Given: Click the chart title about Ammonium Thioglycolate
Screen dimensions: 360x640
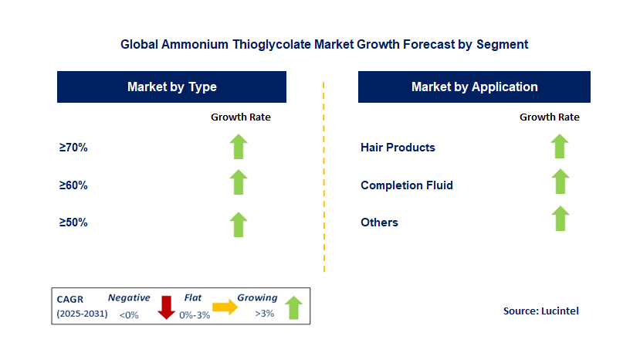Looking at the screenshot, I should tap(324, 44).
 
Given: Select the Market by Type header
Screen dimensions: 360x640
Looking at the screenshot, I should tap(171, 87).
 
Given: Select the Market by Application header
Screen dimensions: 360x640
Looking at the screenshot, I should tap(474, 87).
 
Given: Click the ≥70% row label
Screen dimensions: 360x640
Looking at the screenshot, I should tap(73, 148).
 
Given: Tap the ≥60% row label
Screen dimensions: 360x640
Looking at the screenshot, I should tap(73, 185).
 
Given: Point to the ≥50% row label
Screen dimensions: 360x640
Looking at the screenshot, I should tap(73, 222).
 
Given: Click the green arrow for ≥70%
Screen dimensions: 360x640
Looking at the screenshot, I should tap(239, 147).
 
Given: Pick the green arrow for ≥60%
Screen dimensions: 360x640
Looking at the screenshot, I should tap(239, 183).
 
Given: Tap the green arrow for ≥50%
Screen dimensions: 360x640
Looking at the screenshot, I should tap(239, 223).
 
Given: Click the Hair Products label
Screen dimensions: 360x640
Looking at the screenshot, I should tap(398, 148).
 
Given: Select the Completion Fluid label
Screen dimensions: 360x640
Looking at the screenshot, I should tap(407, 185).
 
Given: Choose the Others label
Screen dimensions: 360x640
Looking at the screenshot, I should tap(379, 222).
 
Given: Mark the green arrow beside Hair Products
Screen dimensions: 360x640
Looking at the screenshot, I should tap(560, 146).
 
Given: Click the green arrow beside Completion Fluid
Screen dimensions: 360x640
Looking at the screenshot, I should tap(560, 182).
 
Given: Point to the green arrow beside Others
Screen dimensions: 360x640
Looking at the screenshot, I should tap(560, 219).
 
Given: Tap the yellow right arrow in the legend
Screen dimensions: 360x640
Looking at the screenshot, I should tap(225, 307).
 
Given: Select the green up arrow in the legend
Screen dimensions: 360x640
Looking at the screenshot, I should tap(293, 307).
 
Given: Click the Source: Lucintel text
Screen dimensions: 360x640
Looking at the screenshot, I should tap(540, 311).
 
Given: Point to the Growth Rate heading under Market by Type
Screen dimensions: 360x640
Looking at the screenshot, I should tap(241, 117).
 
